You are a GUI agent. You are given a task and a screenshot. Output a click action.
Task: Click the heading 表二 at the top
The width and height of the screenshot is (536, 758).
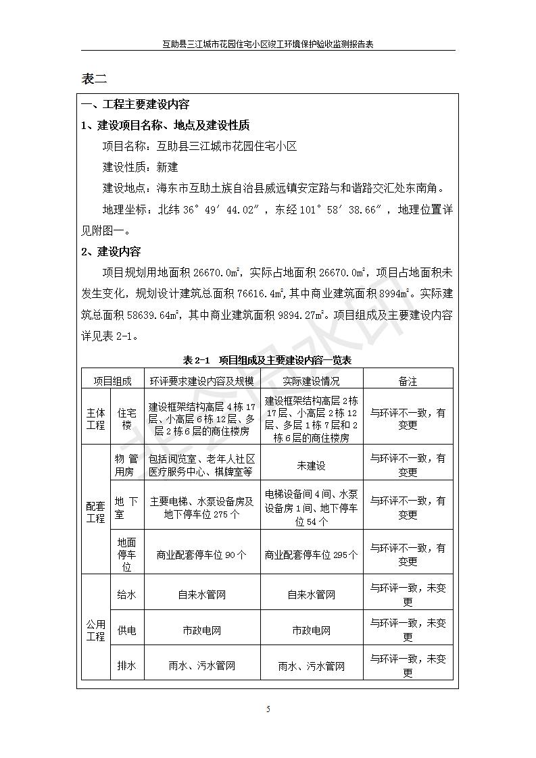point(94,78)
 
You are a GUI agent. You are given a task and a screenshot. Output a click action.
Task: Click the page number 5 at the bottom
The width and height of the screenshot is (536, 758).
point(268,709)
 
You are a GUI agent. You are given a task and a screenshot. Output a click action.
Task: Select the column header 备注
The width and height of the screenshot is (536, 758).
point(408,381)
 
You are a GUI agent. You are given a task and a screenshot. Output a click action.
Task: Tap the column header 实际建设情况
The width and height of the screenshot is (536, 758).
point(311,381)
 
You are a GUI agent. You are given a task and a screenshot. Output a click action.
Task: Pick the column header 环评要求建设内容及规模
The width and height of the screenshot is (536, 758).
point(201,381)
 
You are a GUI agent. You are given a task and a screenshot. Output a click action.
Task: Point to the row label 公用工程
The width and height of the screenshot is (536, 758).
point(95,630)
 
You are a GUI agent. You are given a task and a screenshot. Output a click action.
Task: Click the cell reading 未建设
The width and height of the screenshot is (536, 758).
point(311,465)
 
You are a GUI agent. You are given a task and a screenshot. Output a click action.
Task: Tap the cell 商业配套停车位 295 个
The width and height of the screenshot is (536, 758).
point(311,555)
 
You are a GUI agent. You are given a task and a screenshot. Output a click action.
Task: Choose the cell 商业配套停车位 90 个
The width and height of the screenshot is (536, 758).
point(201,555)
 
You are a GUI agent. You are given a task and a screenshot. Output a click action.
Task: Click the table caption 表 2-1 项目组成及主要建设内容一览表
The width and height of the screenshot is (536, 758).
point(268,360)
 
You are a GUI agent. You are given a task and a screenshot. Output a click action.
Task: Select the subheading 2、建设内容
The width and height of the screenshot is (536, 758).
point(111,252)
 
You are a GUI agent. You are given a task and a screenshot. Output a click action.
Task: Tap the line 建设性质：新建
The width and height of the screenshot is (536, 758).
point(140,167)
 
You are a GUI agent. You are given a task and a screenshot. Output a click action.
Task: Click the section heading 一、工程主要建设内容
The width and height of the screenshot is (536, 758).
point(135,104)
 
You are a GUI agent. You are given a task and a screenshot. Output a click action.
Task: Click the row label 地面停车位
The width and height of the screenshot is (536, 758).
point(126,555)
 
